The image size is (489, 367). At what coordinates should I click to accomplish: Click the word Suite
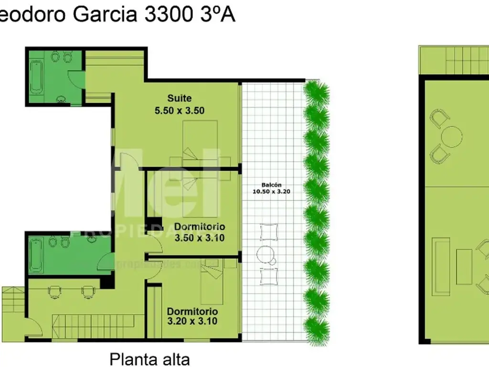(x=180, y=98)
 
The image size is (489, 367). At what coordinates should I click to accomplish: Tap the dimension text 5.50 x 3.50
(x=180, y=110)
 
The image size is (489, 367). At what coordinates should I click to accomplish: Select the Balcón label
(x=271, y=185)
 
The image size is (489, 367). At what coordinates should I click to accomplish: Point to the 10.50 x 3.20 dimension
(x=271, y=191)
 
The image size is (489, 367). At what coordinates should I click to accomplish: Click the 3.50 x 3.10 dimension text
(x=200, y=237)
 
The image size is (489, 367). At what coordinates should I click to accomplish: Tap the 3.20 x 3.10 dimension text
(x=192, y=321)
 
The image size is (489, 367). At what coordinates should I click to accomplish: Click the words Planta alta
(x=150, y=358)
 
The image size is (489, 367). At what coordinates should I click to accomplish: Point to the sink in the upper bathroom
(x=61, y=99)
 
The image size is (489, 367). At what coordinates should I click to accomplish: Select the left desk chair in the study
(x=55, y=291)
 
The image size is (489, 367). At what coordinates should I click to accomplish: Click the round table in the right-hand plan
(x=452, y=137)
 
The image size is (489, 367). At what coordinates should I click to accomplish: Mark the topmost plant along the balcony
(x=316, y=91)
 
